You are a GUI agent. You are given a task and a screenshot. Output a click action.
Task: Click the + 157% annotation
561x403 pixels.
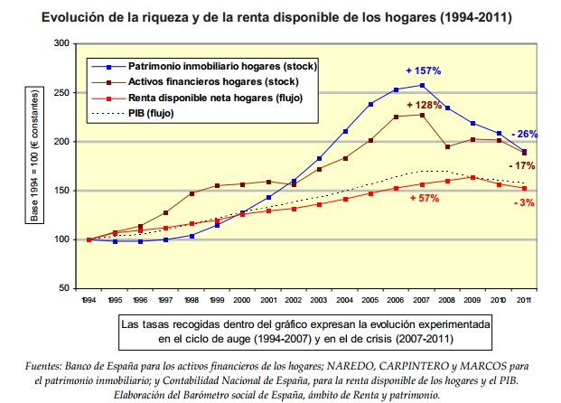pyautogui.click(x=423, y=70)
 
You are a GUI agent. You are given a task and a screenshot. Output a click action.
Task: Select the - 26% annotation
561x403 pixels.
pyautogui.click(x=524, y=134)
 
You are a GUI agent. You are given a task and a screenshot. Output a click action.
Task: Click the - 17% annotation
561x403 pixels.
pyautogui.click(x=523, y=165)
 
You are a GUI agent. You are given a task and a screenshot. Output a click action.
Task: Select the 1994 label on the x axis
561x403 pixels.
pyautogui.click(x=89, y=298)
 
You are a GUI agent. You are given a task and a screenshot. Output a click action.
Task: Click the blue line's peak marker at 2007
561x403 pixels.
pyautogui.click(x=422, y=86)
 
